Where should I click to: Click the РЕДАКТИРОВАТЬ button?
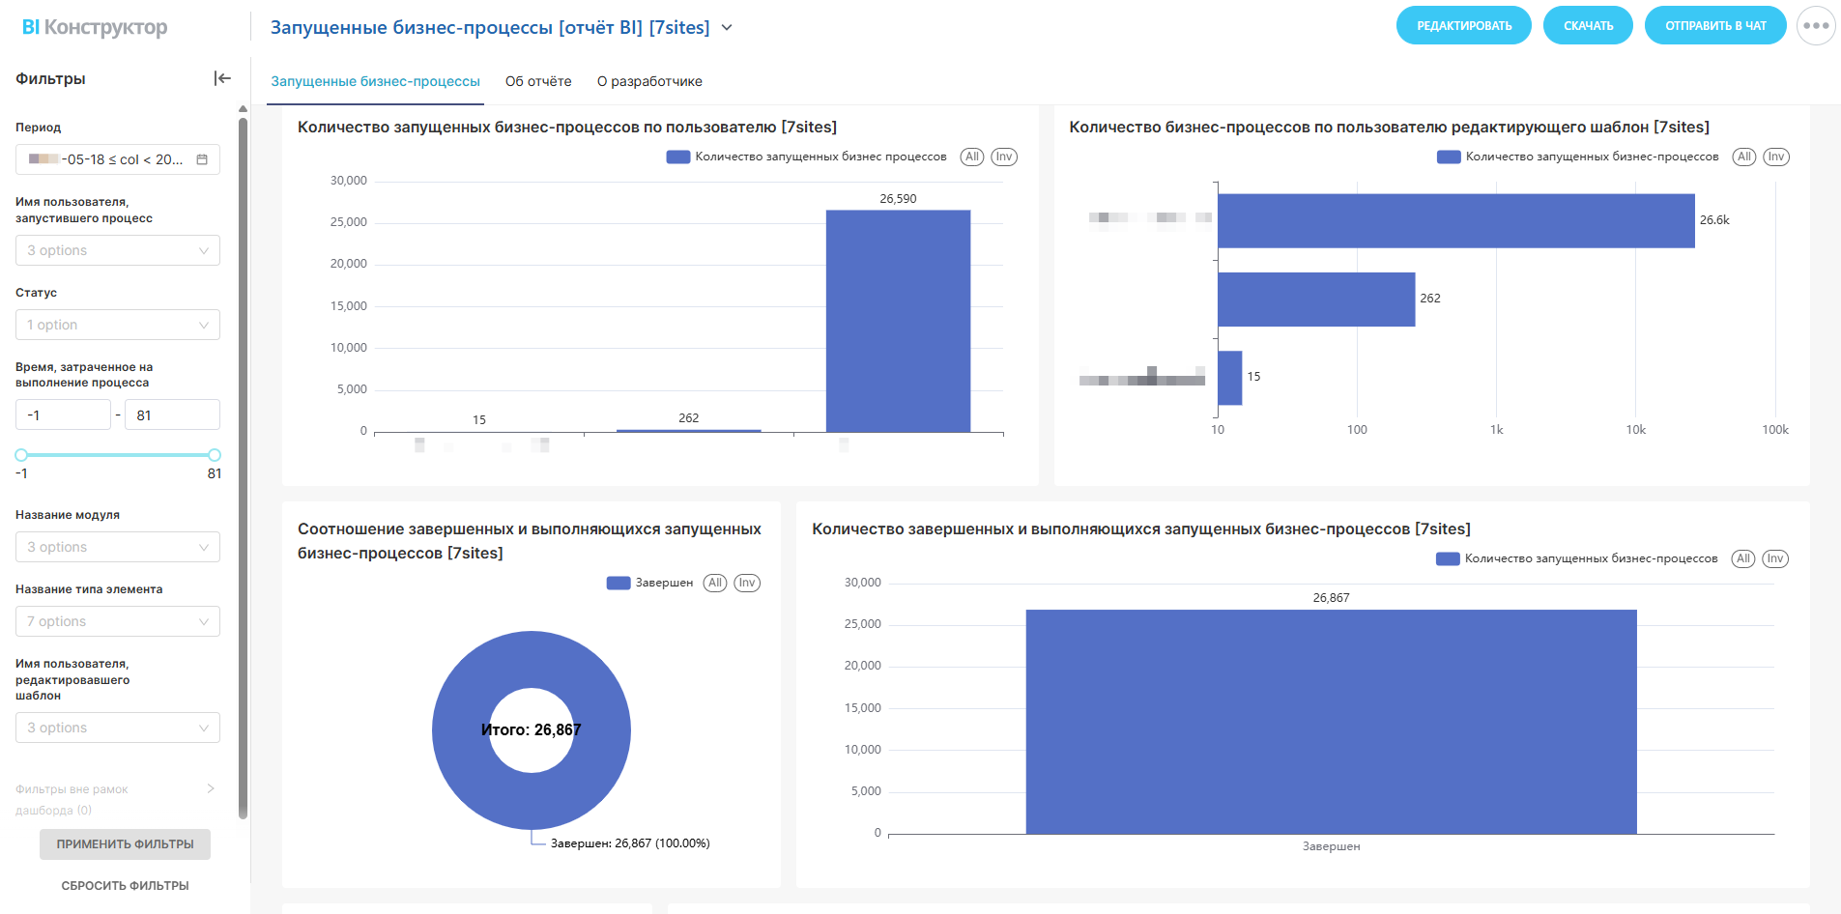tap(1463, 26)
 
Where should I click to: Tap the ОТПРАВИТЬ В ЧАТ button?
tap(1714, 26)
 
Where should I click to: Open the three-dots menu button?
tap(1815, 26)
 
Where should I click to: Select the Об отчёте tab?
tap(538, 81)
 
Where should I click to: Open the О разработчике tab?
tap(649, 81)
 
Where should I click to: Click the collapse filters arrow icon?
tap(222, 78)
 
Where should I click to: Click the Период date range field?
tap(118, 159)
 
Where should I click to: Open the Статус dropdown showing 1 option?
tap(118, 325)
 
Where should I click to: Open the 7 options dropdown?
tap(118, 621)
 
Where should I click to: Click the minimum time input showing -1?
tap(63, 415)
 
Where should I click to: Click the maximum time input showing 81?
tap(172, 415)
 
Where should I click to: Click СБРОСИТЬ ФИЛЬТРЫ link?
tap(125, 885)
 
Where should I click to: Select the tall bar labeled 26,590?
tap(898, 321)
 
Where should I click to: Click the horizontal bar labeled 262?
tap(1315, 300)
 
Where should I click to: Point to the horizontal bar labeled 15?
tap(1229, 378)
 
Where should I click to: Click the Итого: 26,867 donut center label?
tap(531, 730)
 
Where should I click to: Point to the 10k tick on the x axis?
tap(1635, 430)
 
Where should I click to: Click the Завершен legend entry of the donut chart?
tap(650, 583)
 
